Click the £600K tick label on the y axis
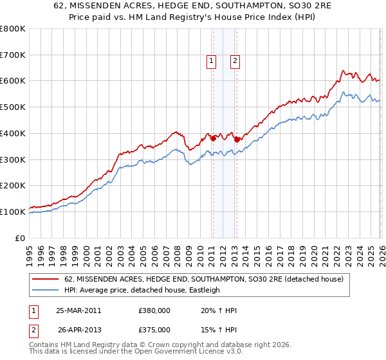tap(13, 81)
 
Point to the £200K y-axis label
tap(13, 186)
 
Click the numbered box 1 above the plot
tap(212, 61)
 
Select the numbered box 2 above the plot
tap(235, 61)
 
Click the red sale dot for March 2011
tap(213, 138)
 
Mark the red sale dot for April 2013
tap(237, 139)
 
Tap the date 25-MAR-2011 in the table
tap(78, 310)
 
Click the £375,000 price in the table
tap(154, 329)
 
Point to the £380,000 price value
tap(154, 310)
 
